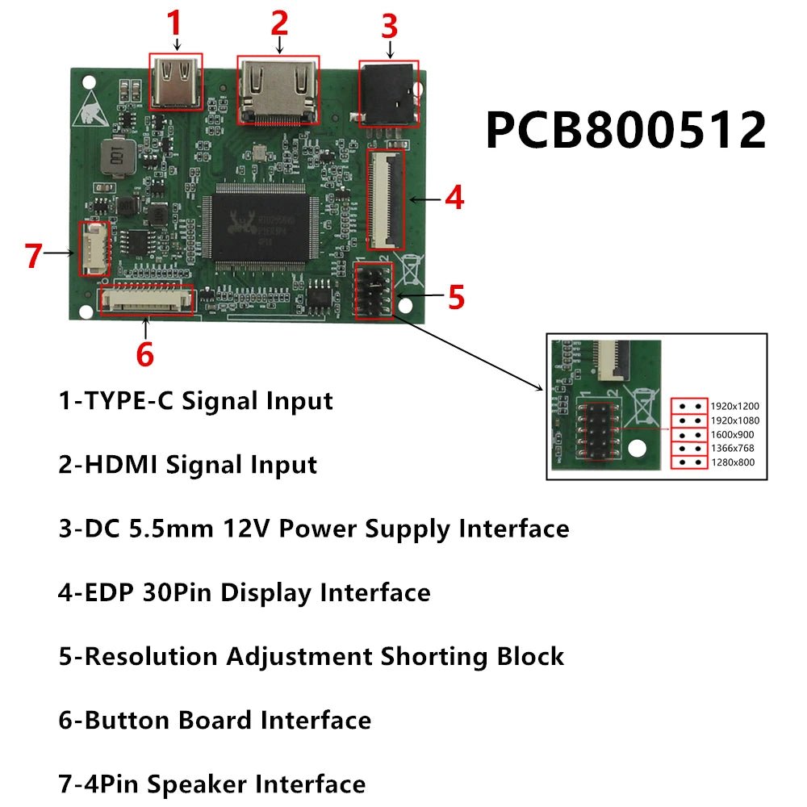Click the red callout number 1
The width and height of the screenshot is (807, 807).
(175, 24)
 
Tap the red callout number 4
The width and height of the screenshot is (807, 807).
(454, 198)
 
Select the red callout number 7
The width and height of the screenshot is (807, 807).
(33, 256)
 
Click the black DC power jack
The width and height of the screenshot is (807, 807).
(389, 95)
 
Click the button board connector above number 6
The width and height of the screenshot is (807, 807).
(145, 299)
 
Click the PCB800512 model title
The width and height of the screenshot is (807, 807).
(625, 131)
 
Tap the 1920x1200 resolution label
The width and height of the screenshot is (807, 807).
(734, 406)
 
